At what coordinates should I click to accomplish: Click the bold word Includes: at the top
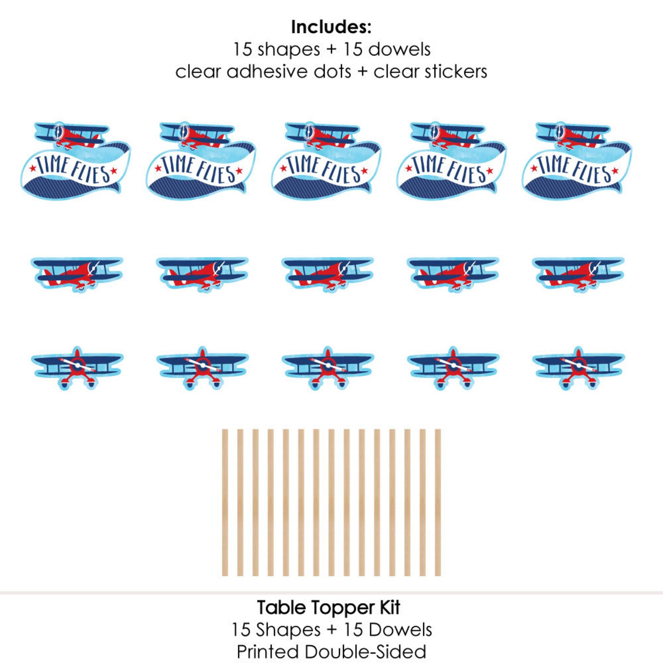331,27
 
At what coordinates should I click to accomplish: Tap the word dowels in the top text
399,49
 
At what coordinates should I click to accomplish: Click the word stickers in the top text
455,71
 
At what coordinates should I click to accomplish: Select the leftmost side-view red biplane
77,273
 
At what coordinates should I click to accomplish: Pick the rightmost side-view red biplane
578,273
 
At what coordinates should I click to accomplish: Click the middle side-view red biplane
327,273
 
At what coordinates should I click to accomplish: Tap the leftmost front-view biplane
77,367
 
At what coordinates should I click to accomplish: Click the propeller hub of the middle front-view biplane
328,366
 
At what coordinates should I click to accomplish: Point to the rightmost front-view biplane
578,367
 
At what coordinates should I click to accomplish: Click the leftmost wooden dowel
225,502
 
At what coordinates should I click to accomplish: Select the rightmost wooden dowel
438,502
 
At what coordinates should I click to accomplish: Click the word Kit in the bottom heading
390,607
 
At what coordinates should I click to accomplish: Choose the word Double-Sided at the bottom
365,652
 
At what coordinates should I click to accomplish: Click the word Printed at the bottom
267,652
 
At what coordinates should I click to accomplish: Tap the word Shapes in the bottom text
288,630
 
